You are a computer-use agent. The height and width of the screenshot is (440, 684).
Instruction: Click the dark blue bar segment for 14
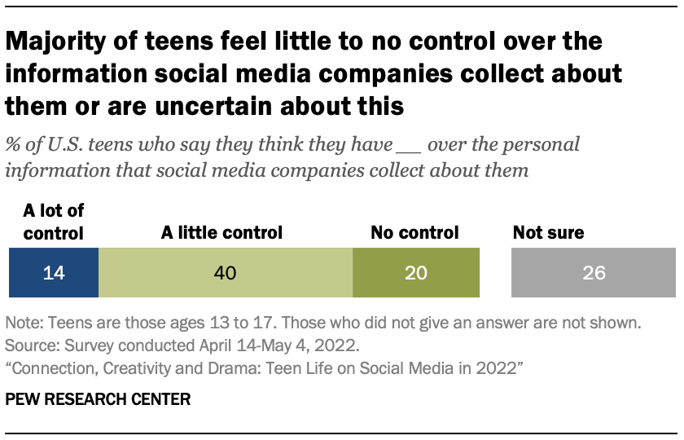click(x=53, y=273)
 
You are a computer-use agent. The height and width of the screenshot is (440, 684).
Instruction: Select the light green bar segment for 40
click(x=226, y=273)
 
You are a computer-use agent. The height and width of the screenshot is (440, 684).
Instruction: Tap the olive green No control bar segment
click(x=415, y=273)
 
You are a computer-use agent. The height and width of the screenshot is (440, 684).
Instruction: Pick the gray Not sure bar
click(x=594, y=273)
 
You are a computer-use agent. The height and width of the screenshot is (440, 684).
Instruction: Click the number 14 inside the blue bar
click(x=53, y=273)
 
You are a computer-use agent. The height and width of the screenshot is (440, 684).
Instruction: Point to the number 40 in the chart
click(x=225, y=273)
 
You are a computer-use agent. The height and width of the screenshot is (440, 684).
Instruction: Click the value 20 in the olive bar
click(x=415, y=273)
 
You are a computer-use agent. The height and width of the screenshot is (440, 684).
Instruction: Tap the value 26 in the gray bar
click(x=594, y=273)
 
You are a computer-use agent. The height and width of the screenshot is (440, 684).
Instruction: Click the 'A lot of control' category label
click(x=53, y=222)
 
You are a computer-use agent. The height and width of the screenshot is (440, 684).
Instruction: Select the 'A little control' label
click(x=221, y=233)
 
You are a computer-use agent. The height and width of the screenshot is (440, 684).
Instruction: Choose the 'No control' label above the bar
click(x=414, y=233)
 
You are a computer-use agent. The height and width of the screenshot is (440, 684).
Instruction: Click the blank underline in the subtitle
click(x=409, y=147)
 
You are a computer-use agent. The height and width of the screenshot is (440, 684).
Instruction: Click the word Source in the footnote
click(x=27, y=344)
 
